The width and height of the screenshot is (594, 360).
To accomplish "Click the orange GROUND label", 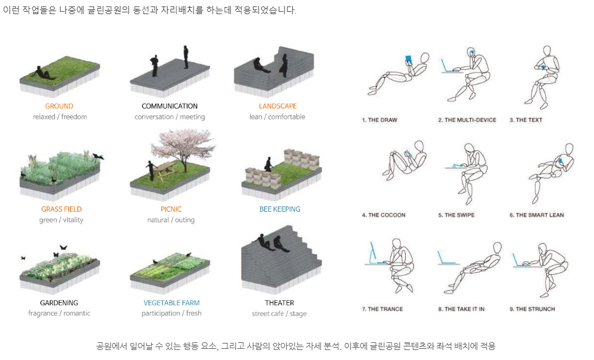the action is pyautogui.click(x=59, y=106).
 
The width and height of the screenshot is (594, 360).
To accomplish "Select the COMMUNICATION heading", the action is pyautogui.click(x=169, y=106).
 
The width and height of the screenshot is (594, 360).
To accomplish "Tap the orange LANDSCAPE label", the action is pyautogui.click(x=278, y=106).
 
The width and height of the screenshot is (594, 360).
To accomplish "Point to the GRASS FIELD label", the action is pyautogui.click(x=61, y=209).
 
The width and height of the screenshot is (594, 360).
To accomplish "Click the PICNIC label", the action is pyautogui.click(x=171, y=209).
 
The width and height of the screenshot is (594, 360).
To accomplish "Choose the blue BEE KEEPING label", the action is pyautogui.click(x=279, y=209).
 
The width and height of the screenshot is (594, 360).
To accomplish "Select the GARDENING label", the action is pyautogui.click(x=59, y=303).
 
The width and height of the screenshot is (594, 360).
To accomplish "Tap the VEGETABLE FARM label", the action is pyautogui.click(x=171, y=303).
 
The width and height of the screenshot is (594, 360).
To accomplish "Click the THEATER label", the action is pyautogui.click(x=279, y=303).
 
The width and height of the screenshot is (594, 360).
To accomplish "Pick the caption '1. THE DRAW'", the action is pyautogui.click(x=379, y=120).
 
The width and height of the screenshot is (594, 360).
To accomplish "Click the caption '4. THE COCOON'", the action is pyautogui.click(x=383, y=215).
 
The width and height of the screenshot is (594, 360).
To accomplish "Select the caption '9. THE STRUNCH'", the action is pyautogui.click(x=532, y=309).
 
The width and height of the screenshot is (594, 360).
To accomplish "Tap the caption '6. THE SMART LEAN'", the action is pyautogui.click(x=536, y=215).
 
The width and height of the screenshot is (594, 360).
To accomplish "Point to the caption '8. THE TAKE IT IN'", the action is pyautogui.click(x=461, y=309).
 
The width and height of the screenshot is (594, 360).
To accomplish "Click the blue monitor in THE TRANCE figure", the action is pyautogui.click(x=372, y=253).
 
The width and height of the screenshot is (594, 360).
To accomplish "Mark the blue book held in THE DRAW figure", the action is pyautogui.click(x=408, y=59).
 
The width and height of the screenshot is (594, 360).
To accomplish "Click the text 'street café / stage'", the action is pyautogui.click(x=279, y=314).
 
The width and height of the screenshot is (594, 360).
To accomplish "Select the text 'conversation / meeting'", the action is pyautogui.click(x=169, y=117).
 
